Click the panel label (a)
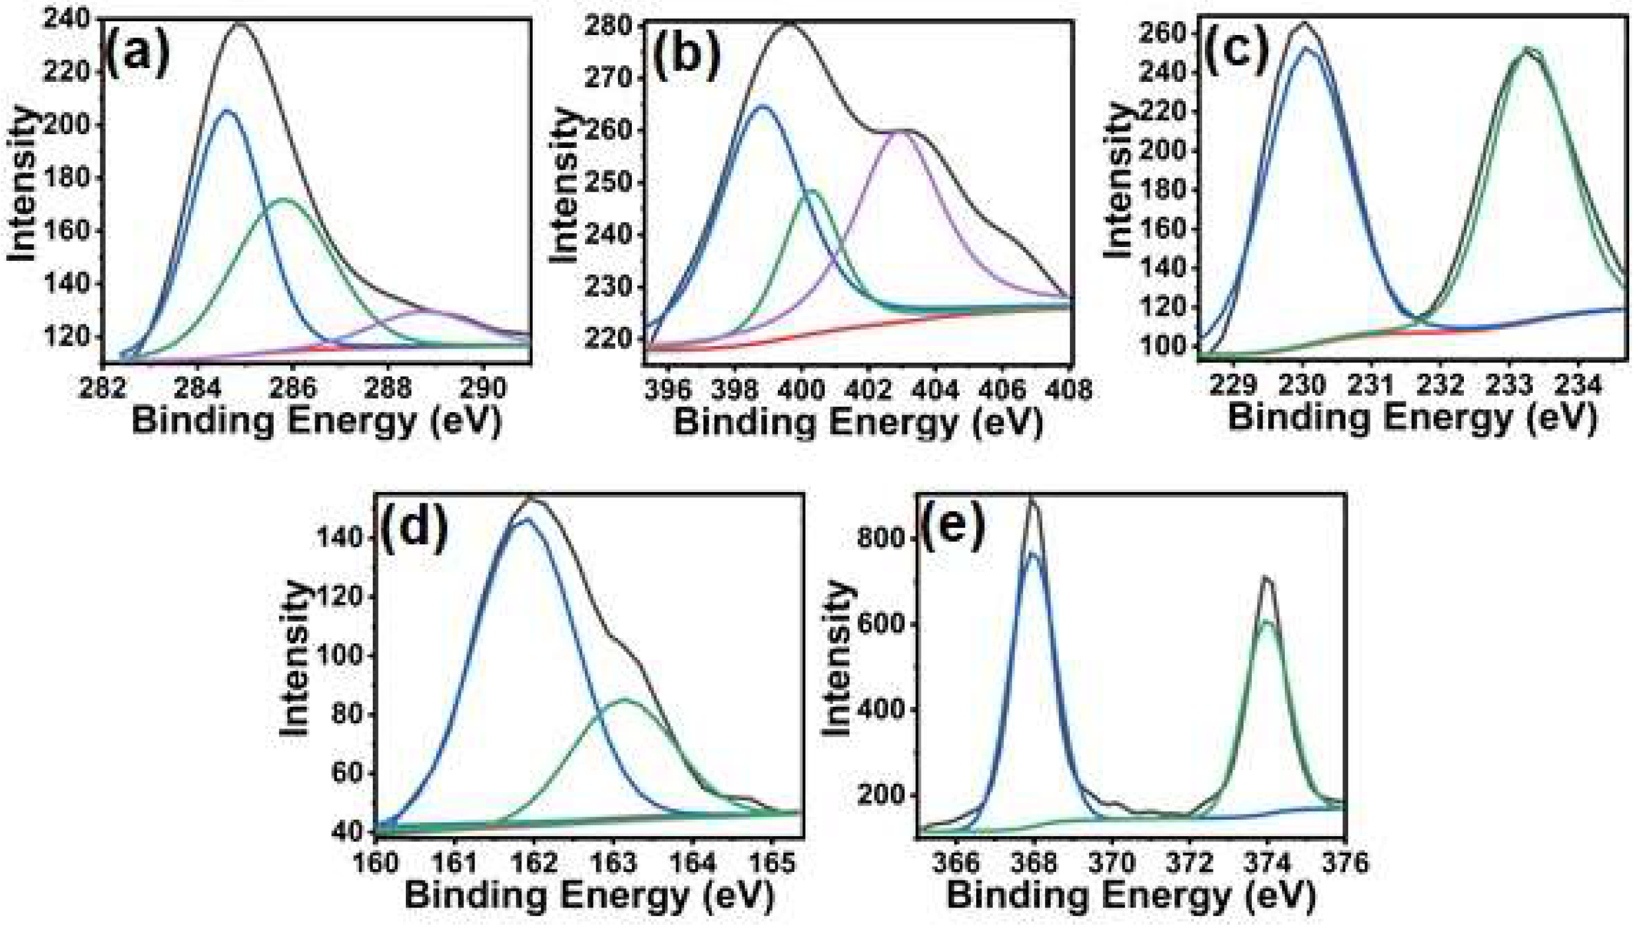click(x=137, y=55)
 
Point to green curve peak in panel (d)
click(x=625, y=699)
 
